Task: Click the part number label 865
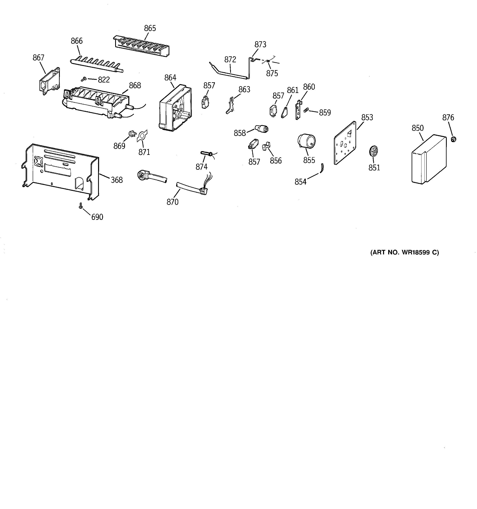pos(150,28)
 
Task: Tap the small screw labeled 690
pos(81,205)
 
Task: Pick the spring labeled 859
pos(306,110)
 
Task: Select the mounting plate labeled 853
pos(345,143)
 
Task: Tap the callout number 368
pos(117,180)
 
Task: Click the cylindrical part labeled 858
pos(262,128)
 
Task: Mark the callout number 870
pos(173,202)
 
